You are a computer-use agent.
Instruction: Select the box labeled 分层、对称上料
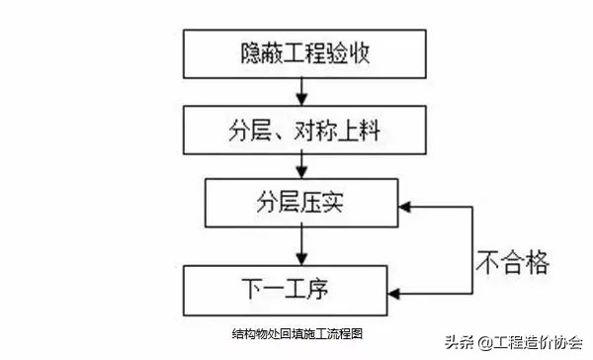[296, 131]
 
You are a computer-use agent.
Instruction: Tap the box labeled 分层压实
[296, 205]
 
